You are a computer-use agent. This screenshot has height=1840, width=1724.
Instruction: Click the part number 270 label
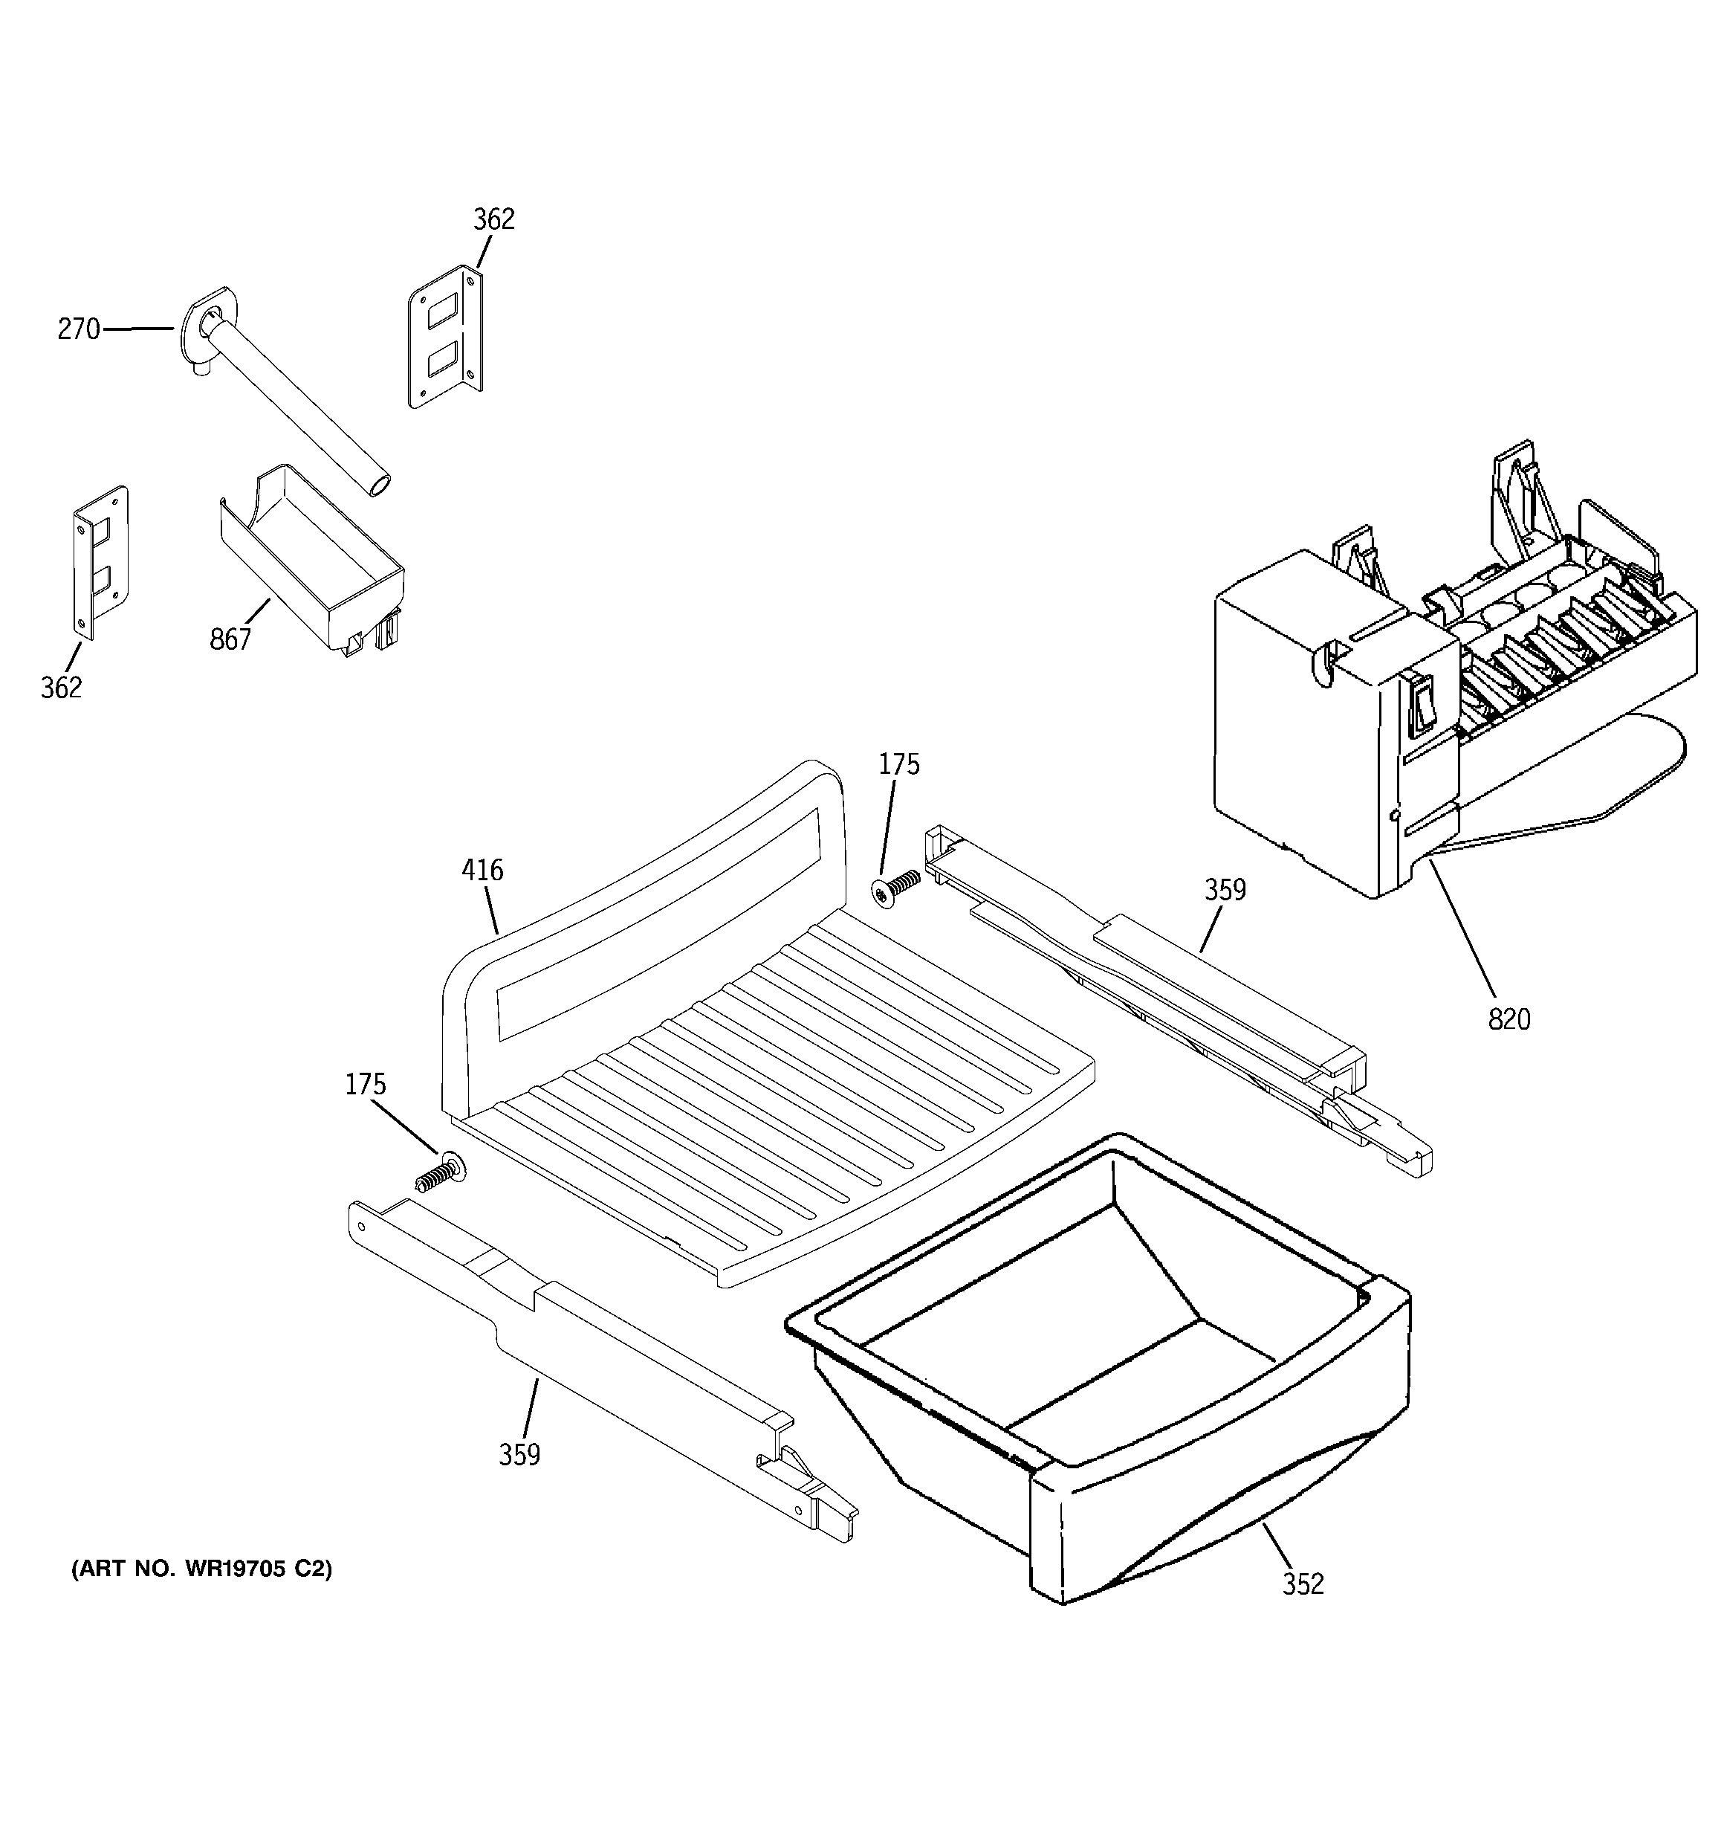(79, 329)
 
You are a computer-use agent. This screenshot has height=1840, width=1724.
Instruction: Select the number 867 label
(230, 639)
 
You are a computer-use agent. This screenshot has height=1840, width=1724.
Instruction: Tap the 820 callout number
(1508, 1020)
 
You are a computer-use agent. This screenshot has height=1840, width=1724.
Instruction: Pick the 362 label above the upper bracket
(493, 219)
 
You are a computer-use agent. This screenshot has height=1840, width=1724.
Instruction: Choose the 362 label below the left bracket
(61, 688)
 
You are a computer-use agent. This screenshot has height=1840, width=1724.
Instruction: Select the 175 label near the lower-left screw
(366, 1085)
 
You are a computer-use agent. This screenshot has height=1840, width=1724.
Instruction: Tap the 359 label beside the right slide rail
(1225, 891)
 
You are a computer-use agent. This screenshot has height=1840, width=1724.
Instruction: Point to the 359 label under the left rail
(519, 1455)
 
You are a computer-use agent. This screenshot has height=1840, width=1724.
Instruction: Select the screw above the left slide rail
(441, 1172)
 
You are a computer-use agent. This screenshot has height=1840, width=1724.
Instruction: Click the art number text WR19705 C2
(201, 1569)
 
